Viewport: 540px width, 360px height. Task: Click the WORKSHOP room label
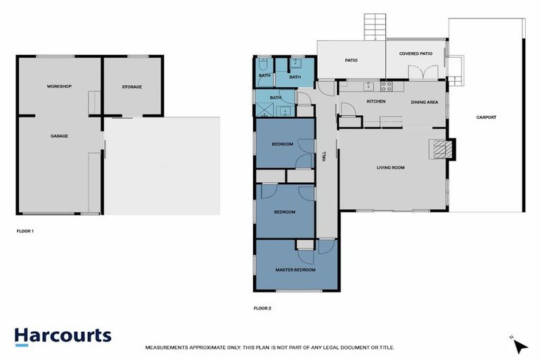59,86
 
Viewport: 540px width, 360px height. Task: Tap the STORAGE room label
131,87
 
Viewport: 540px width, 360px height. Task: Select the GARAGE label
59,136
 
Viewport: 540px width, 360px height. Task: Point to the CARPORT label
486,117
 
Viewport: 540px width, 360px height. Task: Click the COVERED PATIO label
416,53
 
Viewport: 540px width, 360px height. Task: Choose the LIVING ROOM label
390,167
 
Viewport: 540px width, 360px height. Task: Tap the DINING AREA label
425,103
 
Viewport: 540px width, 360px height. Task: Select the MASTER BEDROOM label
295,269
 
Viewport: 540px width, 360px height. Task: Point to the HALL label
324,158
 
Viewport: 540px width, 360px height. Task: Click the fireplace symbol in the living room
440,148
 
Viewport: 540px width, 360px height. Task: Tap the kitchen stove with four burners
386,86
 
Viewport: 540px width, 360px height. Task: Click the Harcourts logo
63,336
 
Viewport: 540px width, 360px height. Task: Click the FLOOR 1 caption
25,231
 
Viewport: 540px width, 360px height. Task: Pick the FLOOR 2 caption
262,307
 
